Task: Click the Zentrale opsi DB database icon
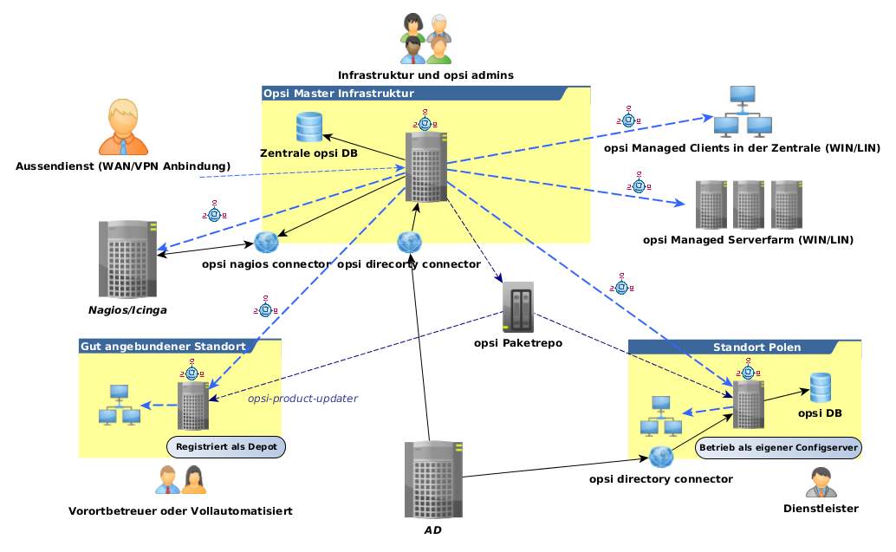click(308, 127)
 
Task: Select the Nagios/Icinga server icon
click(127, 258)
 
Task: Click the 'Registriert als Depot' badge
click(226, 448)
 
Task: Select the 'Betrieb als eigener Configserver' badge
click(778, 448)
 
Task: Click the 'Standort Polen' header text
click(756, 347)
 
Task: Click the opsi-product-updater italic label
click(302, 399)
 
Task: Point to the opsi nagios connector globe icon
click(265, 242)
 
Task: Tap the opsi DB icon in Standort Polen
click(821, 387)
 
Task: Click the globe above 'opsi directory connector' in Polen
click(660, 457)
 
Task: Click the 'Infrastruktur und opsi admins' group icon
click(425, 40)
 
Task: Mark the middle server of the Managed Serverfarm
click(749, 205)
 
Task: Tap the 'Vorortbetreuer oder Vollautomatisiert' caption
click(180, 511)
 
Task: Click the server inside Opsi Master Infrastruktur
click(426, 167)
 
